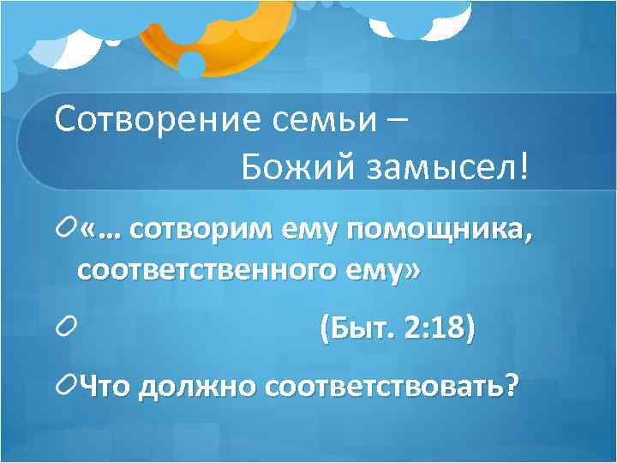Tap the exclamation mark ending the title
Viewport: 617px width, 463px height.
tap(524, 168)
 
